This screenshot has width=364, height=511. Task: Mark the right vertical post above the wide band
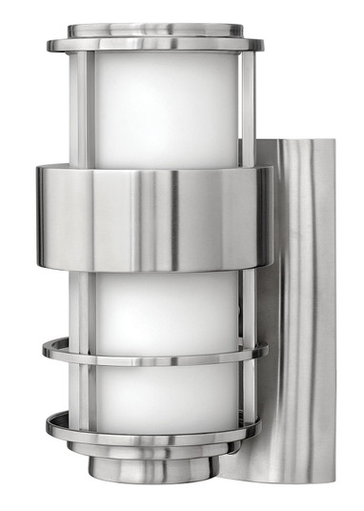point(247,110)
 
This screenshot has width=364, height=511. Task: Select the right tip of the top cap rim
point(264,44)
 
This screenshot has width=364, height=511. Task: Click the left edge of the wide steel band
point(37,217)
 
